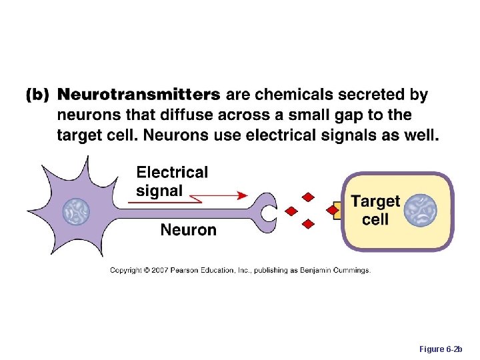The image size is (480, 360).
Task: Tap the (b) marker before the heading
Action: coord(37,96)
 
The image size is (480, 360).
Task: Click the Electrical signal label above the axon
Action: coord(172,181)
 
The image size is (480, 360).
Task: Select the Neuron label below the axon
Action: coord(188,230)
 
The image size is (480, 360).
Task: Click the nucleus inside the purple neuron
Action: coord(76,213)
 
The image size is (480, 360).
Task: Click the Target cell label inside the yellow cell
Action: coord(375,210)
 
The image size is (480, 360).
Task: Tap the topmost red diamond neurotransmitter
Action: coord(307,197)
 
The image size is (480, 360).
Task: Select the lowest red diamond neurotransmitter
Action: coord(307,224)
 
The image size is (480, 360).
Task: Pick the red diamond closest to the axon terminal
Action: coord(291,211)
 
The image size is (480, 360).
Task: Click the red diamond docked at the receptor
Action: coord(332,210)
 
